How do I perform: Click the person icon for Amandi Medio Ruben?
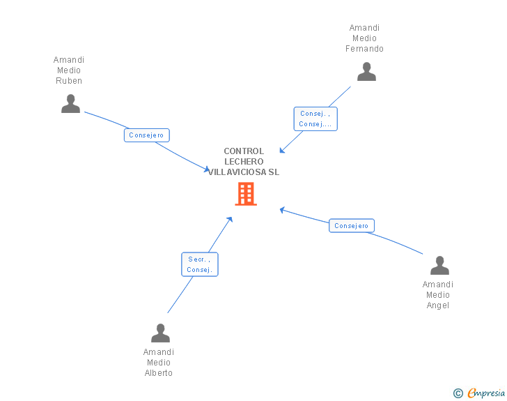(x=70, y=103)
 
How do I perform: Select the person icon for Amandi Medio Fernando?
(x=366, y=71)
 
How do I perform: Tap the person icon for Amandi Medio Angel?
(x=439, y=265)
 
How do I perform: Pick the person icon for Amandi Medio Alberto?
(x=160, y=333)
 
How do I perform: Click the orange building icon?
(x=246, y=194)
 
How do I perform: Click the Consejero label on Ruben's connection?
(x=147, y=135)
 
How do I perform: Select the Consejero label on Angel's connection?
(x=352, y=226)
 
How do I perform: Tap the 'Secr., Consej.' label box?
(x=200, y=264)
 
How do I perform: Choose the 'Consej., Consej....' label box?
(x=315, y=119)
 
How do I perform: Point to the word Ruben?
(x=69, y=81)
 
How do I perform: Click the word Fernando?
(x=364, y=49)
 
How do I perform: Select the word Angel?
(x=438, y=305)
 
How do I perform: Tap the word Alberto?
(x=159, y=373)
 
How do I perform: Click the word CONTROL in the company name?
(x=244, y=151)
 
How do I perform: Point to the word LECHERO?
(x=244, y=162)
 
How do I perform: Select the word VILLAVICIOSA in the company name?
(x=237, y=172)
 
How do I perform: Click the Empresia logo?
(x=486, y=393)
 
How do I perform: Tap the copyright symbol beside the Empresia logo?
(x=458, y=393)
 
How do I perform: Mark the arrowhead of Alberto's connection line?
(x=230, y=220)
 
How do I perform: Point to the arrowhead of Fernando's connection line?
(x=282, y=150)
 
